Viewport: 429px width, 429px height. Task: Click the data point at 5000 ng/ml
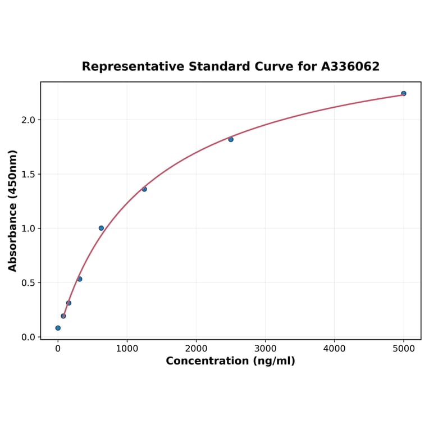[403, 93]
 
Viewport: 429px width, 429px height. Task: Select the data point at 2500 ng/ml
[231, 139]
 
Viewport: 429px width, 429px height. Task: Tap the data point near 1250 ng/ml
[144, 189]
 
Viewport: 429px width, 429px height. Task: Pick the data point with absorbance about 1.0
[101, 228]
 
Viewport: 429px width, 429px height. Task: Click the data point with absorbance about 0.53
[80, 279]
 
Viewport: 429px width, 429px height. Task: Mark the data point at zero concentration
[58, 328]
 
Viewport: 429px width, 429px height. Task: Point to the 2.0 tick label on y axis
[28, 120]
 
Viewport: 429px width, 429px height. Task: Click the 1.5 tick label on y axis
[28, 174]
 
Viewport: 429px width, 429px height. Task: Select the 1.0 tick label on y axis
[28, 229]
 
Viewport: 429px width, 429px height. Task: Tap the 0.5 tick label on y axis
[28, 283]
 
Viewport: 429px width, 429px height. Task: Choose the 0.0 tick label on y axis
[28, 337]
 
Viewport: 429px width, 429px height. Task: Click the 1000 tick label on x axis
[127, 349]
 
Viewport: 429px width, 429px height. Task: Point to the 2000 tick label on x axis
[196, 349]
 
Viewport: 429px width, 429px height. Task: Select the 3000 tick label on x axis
[265, 349]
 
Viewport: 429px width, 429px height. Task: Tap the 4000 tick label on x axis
[335, 349]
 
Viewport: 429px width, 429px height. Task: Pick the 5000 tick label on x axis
[404, 349]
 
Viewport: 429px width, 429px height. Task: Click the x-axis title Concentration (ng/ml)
[230, 361]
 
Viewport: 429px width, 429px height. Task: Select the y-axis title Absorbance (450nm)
[12, 211]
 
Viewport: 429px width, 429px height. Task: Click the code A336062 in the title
[350, 67]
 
